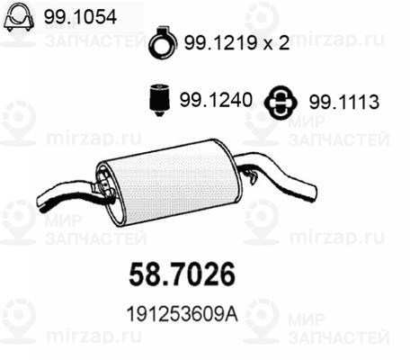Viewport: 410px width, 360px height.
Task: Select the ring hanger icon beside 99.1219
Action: (162, 41)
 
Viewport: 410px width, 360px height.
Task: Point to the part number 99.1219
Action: (218, 43)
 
